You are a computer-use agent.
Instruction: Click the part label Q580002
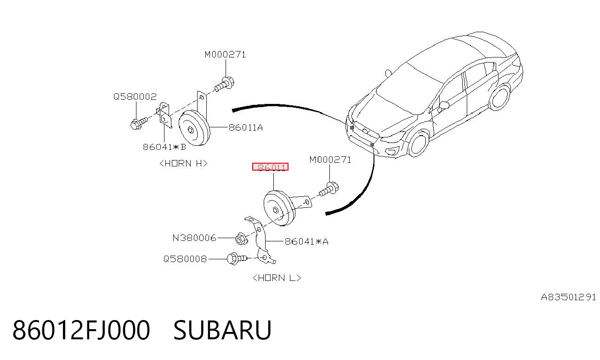(x=135, y=97)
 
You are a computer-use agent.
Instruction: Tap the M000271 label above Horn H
(x=225, y=55)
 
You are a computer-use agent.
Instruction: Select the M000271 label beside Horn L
(x=330, y=160)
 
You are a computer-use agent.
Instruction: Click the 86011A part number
(x=246, y=128)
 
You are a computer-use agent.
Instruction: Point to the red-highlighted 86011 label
(x=271, y=167)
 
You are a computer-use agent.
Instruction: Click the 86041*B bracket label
(x=164, y=147)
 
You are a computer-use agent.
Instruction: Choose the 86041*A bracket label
(x=306, y=241)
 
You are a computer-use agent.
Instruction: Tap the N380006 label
(x=194, y=238)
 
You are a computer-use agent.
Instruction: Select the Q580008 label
(x=185, y=259)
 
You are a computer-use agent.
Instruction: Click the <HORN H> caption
(x=183, y=164)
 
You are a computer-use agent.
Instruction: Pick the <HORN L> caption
(x=277, y=278)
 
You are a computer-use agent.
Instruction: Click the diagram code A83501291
(x=568, y=297)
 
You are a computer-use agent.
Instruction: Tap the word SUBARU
(x=223, y=330)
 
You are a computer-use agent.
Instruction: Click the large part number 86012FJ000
(x=81, y=330)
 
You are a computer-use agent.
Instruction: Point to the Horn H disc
(x=194, y=128)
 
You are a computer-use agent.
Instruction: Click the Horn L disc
(x=279, y=208)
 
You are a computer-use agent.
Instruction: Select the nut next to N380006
(x=241, y=239)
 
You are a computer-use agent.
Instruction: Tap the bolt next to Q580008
(x=236, y=259)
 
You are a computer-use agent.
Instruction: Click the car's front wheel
(x=418, y=144)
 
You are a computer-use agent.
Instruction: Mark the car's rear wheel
(x=500, y=97)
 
